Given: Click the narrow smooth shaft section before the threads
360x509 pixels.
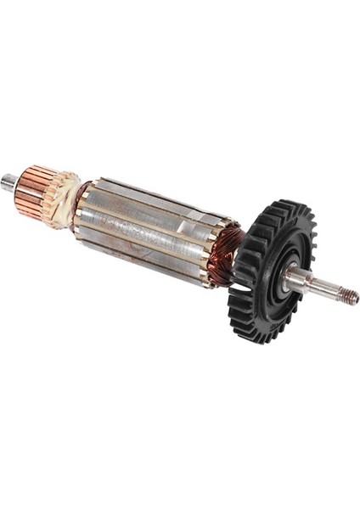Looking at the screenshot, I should point(326,291).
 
